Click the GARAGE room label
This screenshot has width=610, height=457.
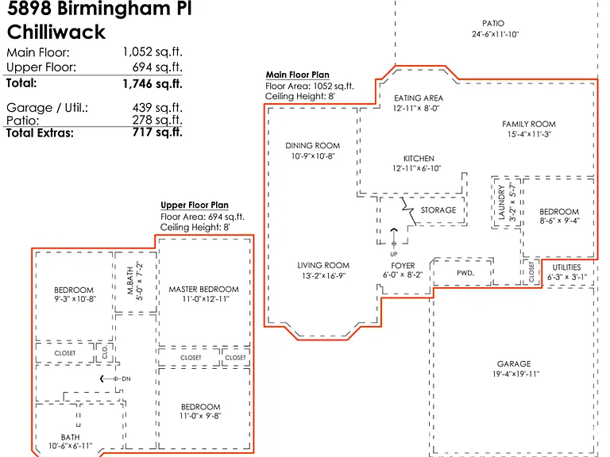[x=514, y=363]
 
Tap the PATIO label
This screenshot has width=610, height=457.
[x=493, y=23]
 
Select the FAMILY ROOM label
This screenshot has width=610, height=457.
[x=529, y=124]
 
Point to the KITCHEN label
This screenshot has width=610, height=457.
[x=419, y=159]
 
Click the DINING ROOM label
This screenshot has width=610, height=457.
[x=312, y=146]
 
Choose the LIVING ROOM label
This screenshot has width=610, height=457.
[x=323, y=266]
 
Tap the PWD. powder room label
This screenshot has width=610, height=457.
[x=465, y=273]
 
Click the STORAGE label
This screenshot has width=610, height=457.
[x=438, y=210]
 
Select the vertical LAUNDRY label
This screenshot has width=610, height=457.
[x=501, y=202]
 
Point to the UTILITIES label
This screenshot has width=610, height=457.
[x=566, y=267]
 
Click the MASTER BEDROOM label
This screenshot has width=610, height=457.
[x=203, y=289]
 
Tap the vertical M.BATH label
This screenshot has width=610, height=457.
[x=130, y=281]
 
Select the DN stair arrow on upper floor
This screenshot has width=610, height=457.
[x=109, y=378]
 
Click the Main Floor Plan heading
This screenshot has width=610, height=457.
[x=298, y=75]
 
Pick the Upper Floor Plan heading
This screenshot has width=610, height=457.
[x=195, y=205]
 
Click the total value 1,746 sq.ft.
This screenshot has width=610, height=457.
[x=152, y=83]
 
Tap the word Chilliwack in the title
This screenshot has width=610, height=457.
[x=56, y=32]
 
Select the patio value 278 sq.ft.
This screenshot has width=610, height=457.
[x=157, y=120]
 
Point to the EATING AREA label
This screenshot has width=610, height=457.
[x=419, y=98]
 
